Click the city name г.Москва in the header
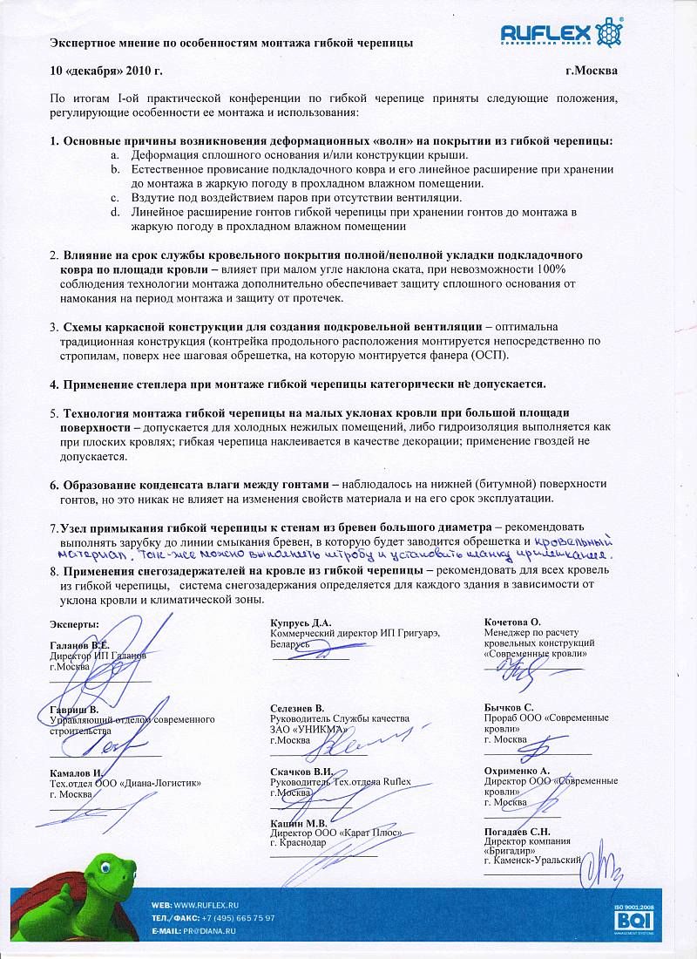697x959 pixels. click(x=591, y=71)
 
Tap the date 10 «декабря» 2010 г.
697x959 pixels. click(x=106, y=71)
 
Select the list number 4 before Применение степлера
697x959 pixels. click(x=54, y=384)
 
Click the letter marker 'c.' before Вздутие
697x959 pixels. click(x=115, y=198)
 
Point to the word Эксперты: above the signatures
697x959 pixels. click(x=74, y=624)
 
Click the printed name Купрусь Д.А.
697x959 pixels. click(x=301, y=622)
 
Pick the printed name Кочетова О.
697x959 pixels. click(x=512, y=622)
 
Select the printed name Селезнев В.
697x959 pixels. click(x=297, y=707)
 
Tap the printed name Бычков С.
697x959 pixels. click(x=510, y=707)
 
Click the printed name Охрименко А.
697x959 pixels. click(x=517, y=771)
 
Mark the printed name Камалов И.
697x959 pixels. click(x=77, y=772)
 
